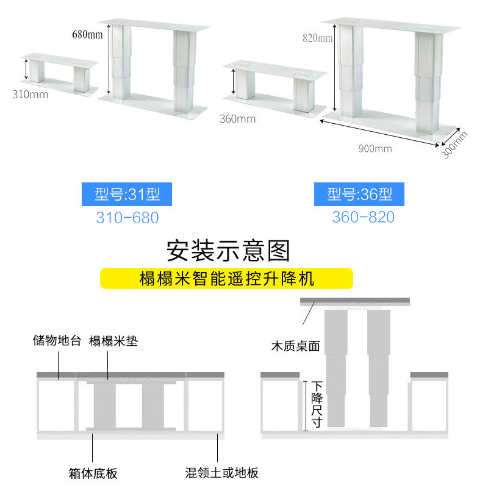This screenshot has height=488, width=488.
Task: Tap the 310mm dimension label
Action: [x=30, y=95]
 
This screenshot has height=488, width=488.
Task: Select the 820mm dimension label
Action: [x=317, y=38]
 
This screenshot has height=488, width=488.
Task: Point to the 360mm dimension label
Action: [x=237, y=119]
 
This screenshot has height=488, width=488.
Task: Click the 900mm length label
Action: [x=375, y=148]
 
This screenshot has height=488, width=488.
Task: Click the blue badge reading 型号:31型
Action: [x=127, y=195]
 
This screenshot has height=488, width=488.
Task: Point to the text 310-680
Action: [x=127, y=217]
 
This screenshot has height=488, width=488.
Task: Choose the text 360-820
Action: [x=363, y=217]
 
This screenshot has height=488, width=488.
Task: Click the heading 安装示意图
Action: [x=228, y=250]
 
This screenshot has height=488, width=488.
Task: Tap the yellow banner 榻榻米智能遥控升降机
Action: [x=226, y=279]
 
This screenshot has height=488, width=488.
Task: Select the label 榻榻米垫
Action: [x=113, y=341]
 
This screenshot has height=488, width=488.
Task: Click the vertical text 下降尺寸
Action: [x=317, y=403]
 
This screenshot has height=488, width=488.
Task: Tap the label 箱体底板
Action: [x=93, y=473]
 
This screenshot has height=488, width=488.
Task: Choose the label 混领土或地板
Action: [x=222, y=473]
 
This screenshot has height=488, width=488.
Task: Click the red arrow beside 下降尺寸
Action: [x=306, y=404]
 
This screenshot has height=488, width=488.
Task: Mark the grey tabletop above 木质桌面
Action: [x=356, y=303]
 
